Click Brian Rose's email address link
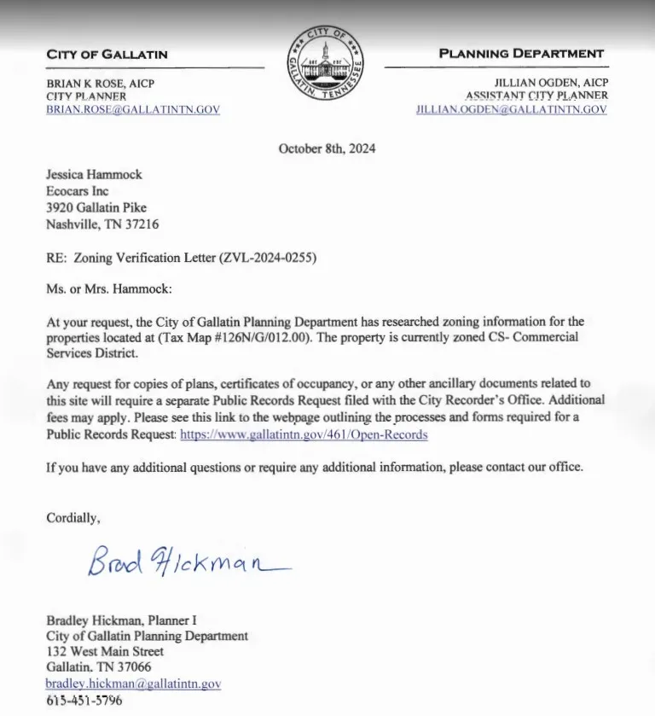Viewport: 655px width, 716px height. [133, 110]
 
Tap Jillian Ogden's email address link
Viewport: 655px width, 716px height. [512, 110]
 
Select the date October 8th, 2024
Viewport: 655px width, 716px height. [327, 148]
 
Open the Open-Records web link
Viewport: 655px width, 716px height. [304, 434]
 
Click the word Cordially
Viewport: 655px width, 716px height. [72, 517]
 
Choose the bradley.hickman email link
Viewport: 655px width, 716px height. [133, 684]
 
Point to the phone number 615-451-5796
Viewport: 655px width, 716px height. [84, 701]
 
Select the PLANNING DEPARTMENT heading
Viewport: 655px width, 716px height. [521, 54]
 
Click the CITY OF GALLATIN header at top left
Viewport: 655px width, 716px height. [107, 55]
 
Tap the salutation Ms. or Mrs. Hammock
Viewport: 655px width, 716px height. [108, 289]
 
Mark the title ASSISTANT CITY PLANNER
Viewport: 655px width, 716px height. [536, 96]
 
